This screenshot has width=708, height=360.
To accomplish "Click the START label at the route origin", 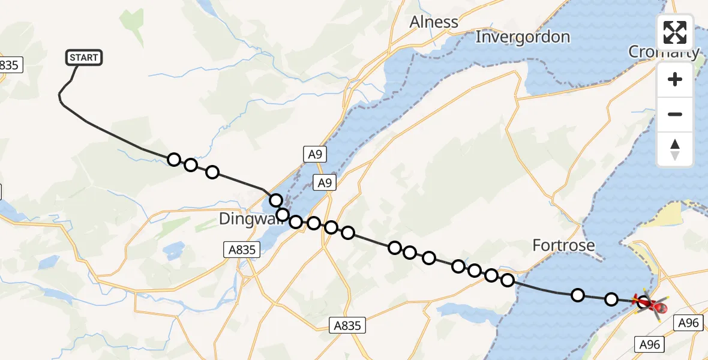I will [84, 58].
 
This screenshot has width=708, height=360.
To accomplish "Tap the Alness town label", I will [434, 22].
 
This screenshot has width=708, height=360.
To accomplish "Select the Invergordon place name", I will [523, 37].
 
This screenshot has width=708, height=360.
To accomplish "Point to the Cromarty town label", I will [664, 52].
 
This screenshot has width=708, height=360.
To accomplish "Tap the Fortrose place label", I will [564, 245].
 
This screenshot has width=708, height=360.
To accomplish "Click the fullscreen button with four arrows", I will [675, 32].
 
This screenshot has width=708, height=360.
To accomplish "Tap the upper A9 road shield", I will [315, 155].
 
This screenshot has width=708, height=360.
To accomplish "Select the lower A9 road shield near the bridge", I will [324, 183].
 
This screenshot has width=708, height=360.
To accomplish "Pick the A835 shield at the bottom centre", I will [347, 325].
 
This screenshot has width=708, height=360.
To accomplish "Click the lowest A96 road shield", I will [650, 344].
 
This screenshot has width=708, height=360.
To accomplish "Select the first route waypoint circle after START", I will [174, 160].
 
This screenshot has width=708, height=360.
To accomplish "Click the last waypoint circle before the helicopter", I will [611, 299].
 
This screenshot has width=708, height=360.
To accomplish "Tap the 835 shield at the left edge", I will [9, 65].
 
